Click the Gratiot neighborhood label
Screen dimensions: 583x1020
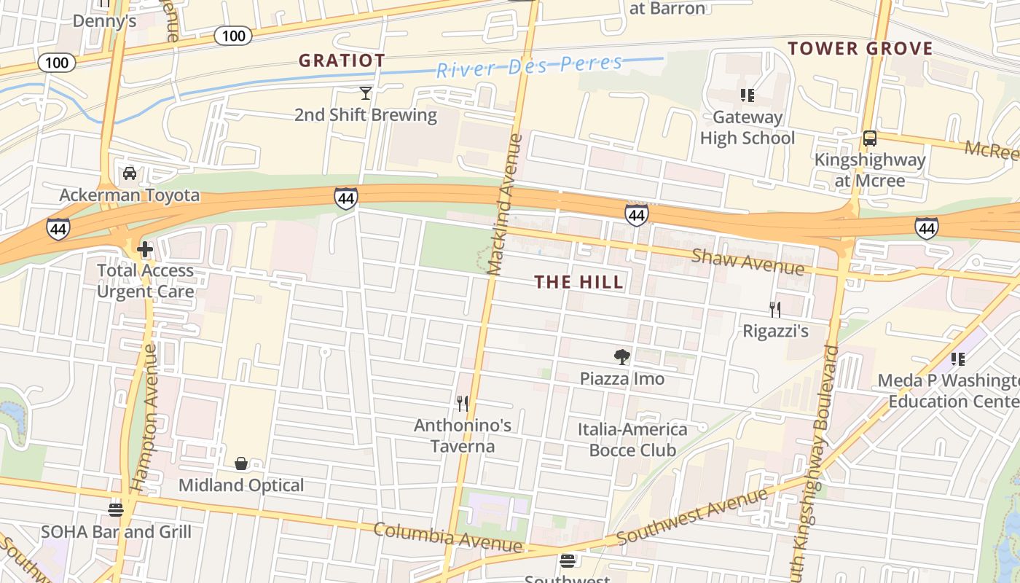pos(342,60)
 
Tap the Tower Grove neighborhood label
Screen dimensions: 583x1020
pos(860,49)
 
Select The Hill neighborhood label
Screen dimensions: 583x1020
pos(579,282)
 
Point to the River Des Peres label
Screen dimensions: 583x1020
pos(529,66)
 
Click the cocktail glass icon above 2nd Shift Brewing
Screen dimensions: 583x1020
pos(366,93)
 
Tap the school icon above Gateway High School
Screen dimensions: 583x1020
pos(747,95)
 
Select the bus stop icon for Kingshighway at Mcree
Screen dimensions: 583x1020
pos(869,138)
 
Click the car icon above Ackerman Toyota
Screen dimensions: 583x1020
pos(130,173)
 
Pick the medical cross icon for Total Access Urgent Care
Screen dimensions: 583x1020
pos(145,249)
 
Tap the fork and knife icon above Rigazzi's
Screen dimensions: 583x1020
pos(775,310)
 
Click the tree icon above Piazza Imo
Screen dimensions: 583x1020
pos(621,356)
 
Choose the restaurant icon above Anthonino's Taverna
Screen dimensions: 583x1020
pos(462,403)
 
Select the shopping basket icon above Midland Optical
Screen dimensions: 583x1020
pos(241,463)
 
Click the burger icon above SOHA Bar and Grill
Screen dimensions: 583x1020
pos(116,509)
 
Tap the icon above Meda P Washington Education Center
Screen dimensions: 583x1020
pos(958,359)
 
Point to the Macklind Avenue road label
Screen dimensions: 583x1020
pos(506,204)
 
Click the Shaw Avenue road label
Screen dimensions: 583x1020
pos(748,262)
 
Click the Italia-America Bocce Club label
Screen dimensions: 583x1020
pos(632,439)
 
